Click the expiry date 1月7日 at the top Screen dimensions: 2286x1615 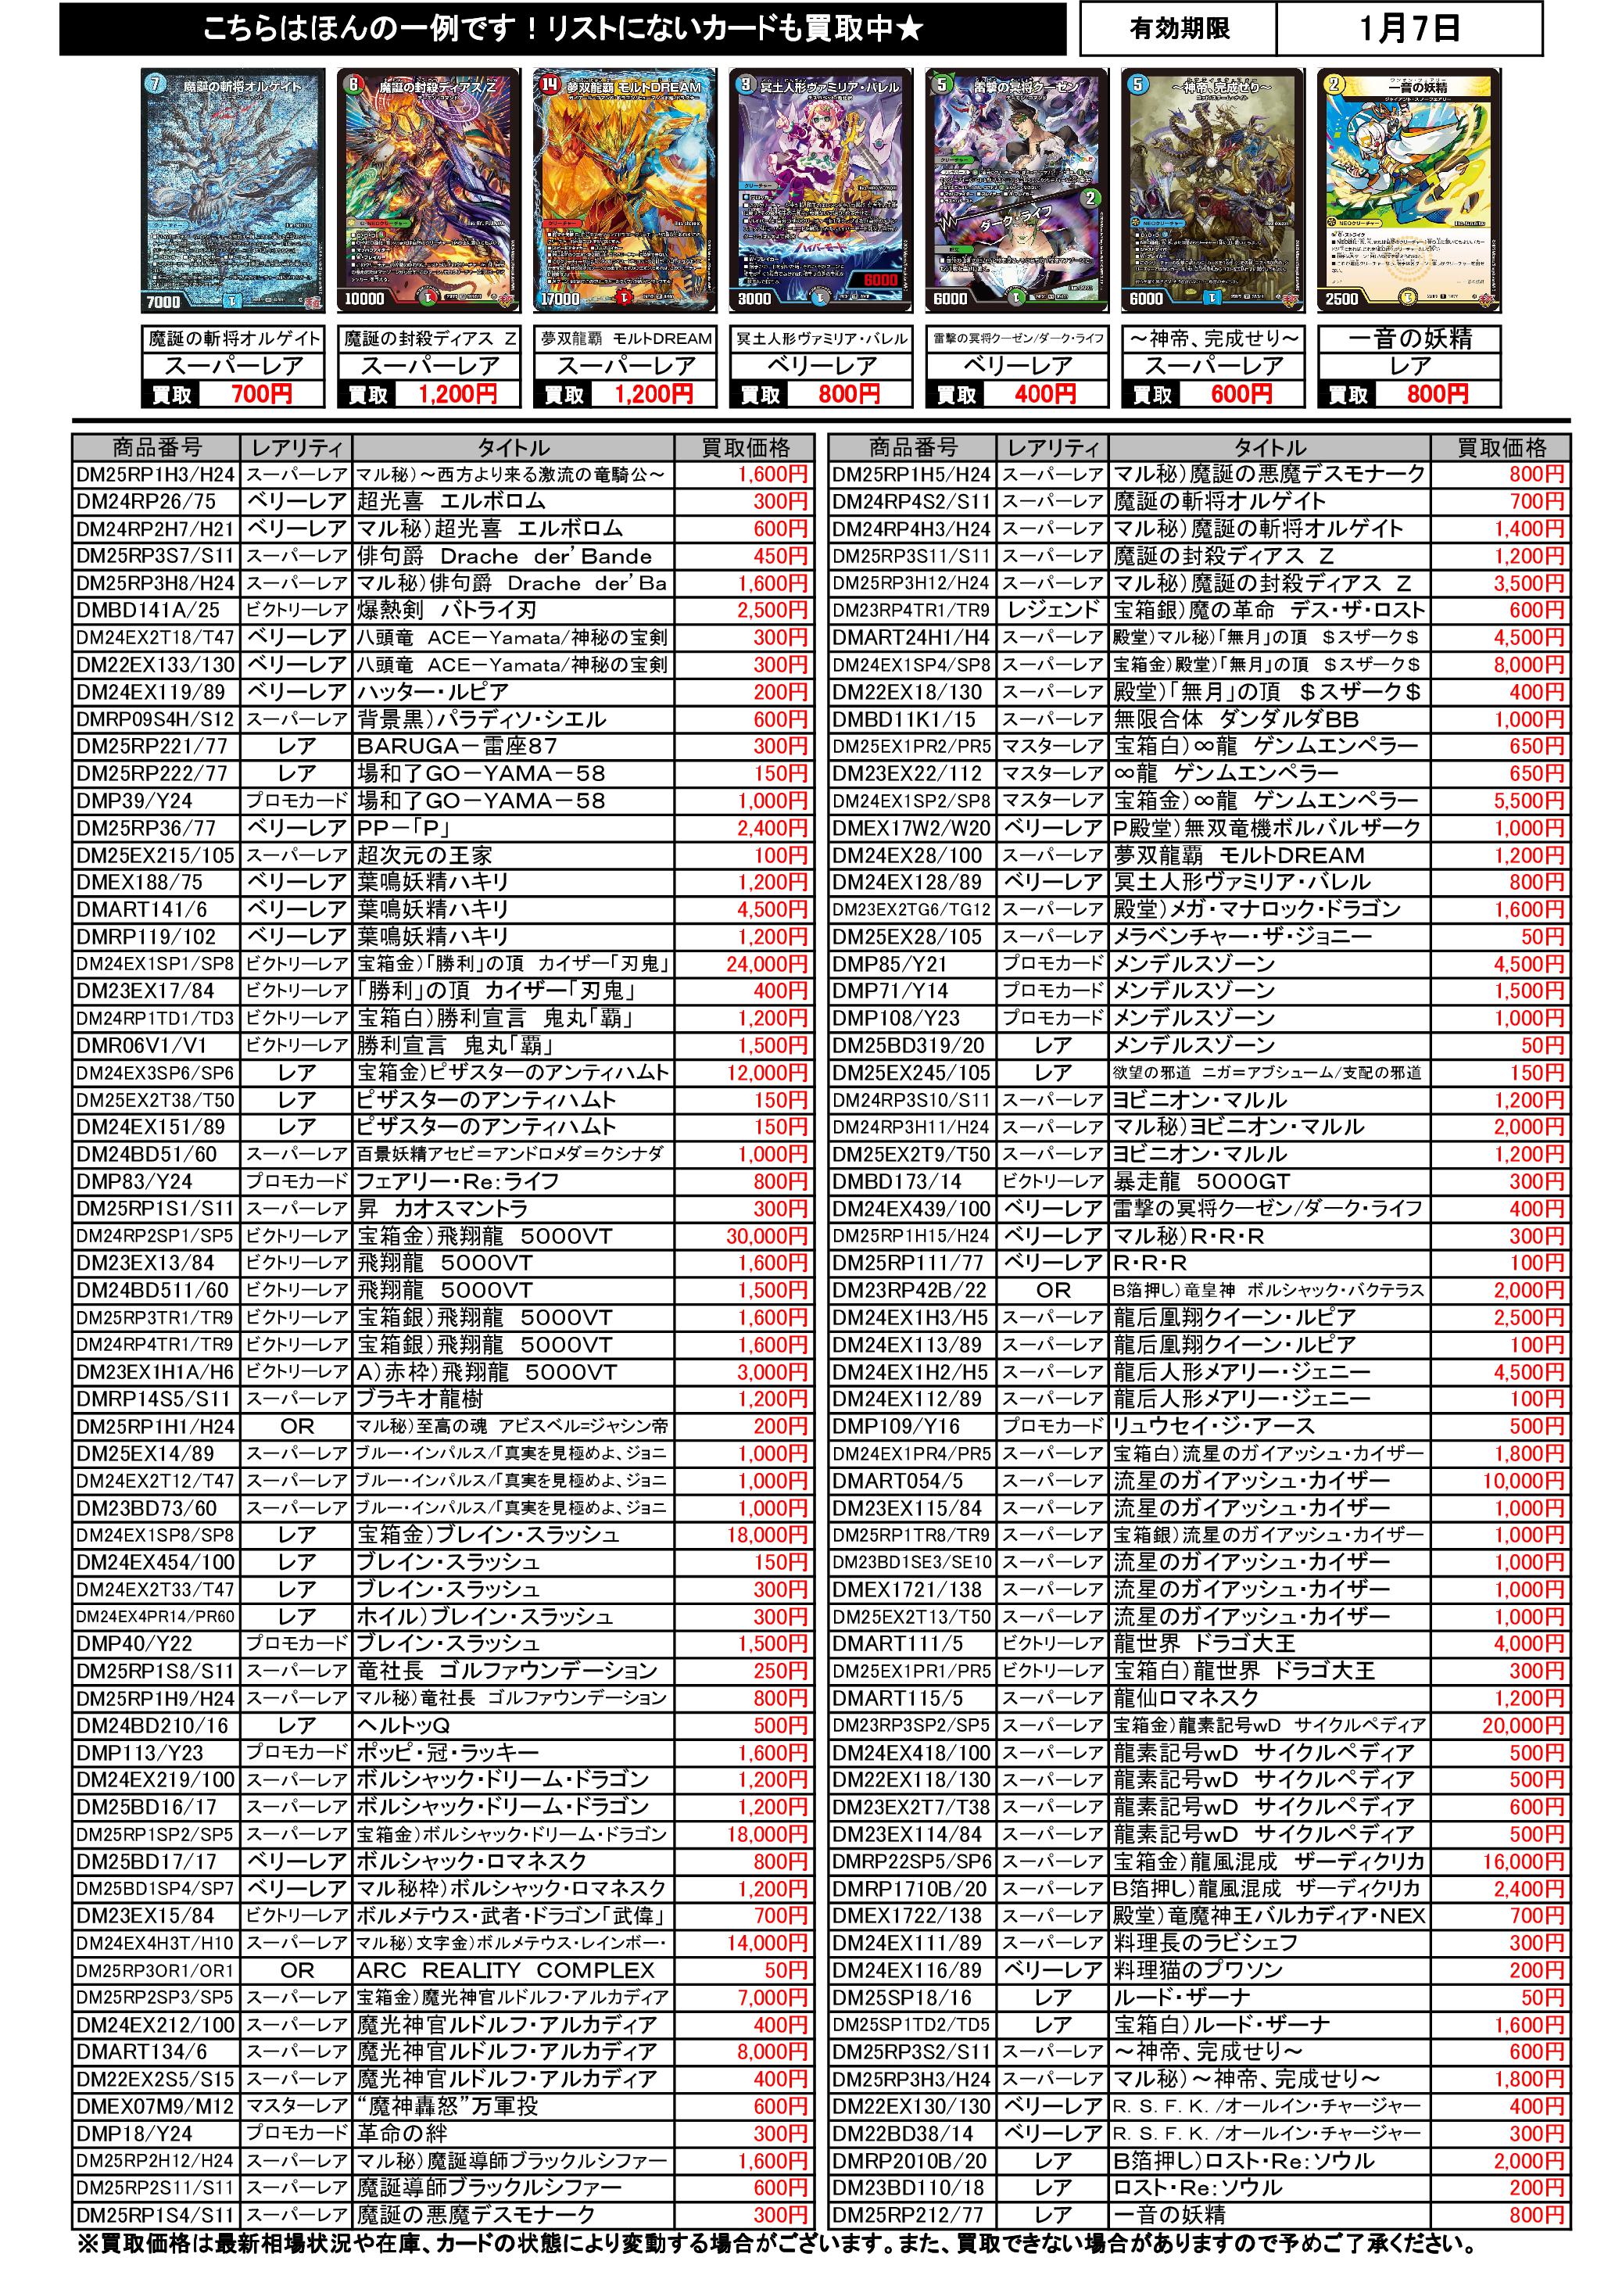[x=1408, y=28]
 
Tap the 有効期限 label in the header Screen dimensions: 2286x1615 [x=1180, y=28]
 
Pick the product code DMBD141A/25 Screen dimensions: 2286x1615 [x=148, y=611]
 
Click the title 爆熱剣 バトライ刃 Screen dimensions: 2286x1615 [x=447, y=611]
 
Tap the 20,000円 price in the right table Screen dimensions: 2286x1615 [x=1523, y=1725]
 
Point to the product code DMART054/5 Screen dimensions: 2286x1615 [x=897, y=1481]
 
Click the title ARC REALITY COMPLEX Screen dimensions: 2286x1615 [x=506, y=1970]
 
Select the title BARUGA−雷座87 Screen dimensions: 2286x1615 [x=457, y=747]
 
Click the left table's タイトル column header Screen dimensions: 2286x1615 [x=513, y=447]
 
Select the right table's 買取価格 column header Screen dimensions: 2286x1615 [x=1502, y=447]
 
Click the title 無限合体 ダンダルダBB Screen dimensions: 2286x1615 [x=1236, y=718]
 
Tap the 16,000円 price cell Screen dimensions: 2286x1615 [x=1523, y=1861]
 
